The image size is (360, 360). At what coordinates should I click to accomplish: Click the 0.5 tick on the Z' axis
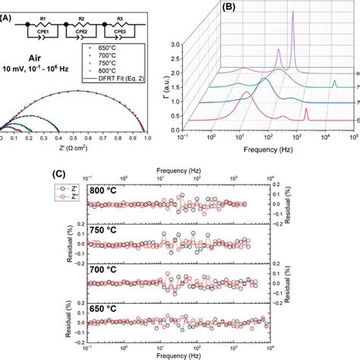tap(74, 141)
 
